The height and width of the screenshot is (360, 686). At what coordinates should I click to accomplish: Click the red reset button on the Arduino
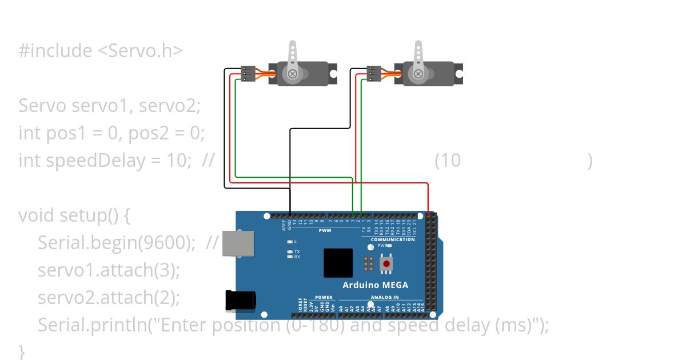(x=387, y=264)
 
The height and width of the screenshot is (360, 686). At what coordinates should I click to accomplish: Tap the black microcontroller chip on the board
(x=338, y=263)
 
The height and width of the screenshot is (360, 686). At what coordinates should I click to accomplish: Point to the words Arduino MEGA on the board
(x=375, y=285)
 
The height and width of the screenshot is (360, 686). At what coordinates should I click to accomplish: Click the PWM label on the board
(x=324, y=231)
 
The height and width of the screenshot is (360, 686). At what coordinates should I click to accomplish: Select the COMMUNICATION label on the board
(x=392, y=239)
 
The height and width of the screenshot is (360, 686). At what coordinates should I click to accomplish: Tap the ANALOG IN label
(x=385, y=297)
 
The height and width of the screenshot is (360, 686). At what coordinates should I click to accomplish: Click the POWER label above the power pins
(x=324, y=297)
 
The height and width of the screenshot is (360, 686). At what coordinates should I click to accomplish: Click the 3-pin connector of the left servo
(x=248, y=74)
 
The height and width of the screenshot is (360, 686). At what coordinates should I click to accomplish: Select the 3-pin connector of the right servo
(x=374, y=74)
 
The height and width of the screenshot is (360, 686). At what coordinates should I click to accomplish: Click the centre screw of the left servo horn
(x=293, y=74)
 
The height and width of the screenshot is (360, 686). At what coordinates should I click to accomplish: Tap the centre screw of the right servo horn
(x=418, y=74)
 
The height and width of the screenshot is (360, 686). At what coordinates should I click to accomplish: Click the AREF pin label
(x=284, y=226)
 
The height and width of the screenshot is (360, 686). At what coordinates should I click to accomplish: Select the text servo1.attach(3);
(x=109, y=270)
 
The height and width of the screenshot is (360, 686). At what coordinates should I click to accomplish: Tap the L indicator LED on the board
(x=290, y=241)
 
